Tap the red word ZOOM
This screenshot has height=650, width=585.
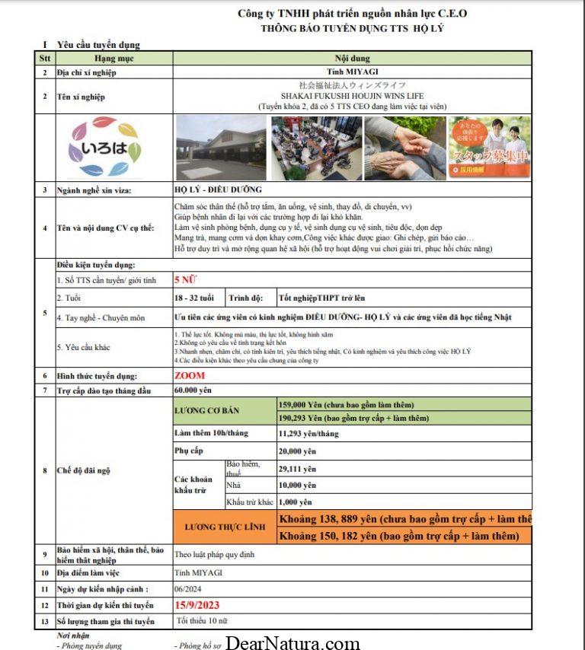[190, 375]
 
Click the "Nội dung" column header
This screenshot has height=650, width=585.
[351, 58]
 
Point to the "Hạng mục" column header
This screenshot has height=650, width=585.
[114, 58]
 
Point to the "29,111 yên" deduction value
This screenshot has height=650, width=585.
[296, 469]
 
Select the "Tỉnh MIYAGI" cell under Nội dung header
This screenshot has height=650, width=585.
[351, 72]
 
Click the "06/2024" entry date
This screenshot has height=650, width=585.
[187, 589]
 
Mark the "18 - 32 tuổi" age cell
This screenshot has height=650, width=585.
[194, 298]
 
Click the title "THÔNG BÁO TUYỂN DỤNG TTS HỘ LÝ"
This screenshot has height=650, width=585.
[351, 28]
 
